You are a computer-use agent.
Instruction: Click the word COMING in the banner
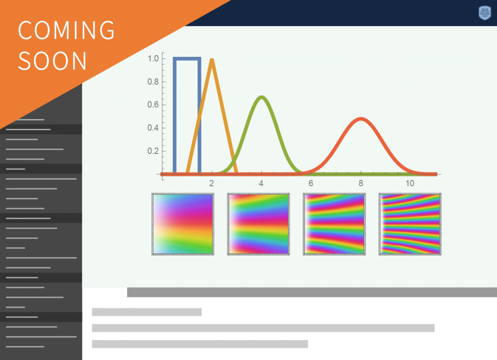[x=66, y=30]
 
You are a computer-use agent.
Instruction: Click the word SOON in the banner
[x=52, y=61]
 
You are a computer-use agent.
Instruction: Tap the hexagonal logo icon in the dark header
[x=485, y=13]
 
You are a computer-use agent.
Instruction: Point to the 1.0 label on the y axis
[x=153, y=59]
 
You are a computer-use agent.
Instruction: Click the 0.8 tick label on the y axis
[x=153, y=82]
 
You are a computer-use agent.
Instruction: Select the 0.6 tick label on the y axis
[x=153, y=104]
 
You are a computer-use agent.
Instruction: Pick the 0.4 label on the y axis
[x=153, y=128]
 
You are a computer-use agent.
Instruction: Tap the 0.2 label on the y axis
[x=153, y=151]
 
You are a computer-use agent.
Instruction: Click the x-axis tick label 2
[x=212, y=183]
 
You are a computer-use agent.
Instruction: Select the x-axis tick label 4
[x=261, y=183]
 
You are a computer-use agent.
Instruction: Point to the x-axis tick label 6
[x=311, y=183]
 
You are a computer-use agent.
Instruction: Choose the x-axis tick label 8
[x=361, y=183]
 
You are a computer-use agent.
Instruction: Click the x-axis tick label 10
[x=410, y=183]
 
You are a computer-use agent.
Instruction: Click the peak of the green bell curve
[x=262, y=97]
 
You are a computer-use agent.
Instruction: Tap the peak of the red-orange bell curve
[x=361, y=119]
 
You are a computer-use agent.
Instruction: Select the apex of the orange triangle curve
[x=212, y=59]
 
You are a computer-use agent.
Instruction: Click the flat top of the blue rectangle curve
[x=187, y=59]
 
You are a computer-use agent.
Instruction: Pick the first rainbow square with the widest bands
[x=183, y=224]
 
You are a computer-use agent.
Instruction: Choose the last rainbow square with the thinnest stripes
[x=410, y=224]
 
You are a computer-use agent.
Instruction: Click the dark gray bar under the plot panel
[x=312, y=292]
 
